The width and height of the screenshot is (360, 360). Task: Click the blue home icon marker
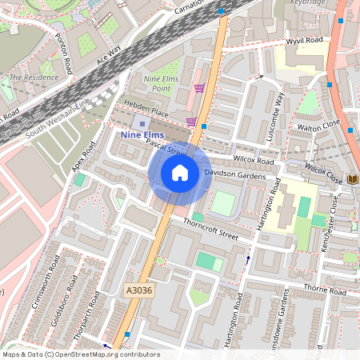(x=180, y=173)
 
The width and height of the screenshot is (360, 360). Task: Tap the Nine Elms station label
(x=142, y=135)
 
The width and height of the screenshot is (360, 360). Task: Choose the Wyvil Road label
(x=304, y=38)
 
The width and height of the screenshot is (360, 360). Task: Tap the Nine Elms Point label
(x=162, y=85)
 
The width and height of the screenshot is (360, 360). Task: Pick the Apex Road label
(x=83, y=157)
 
